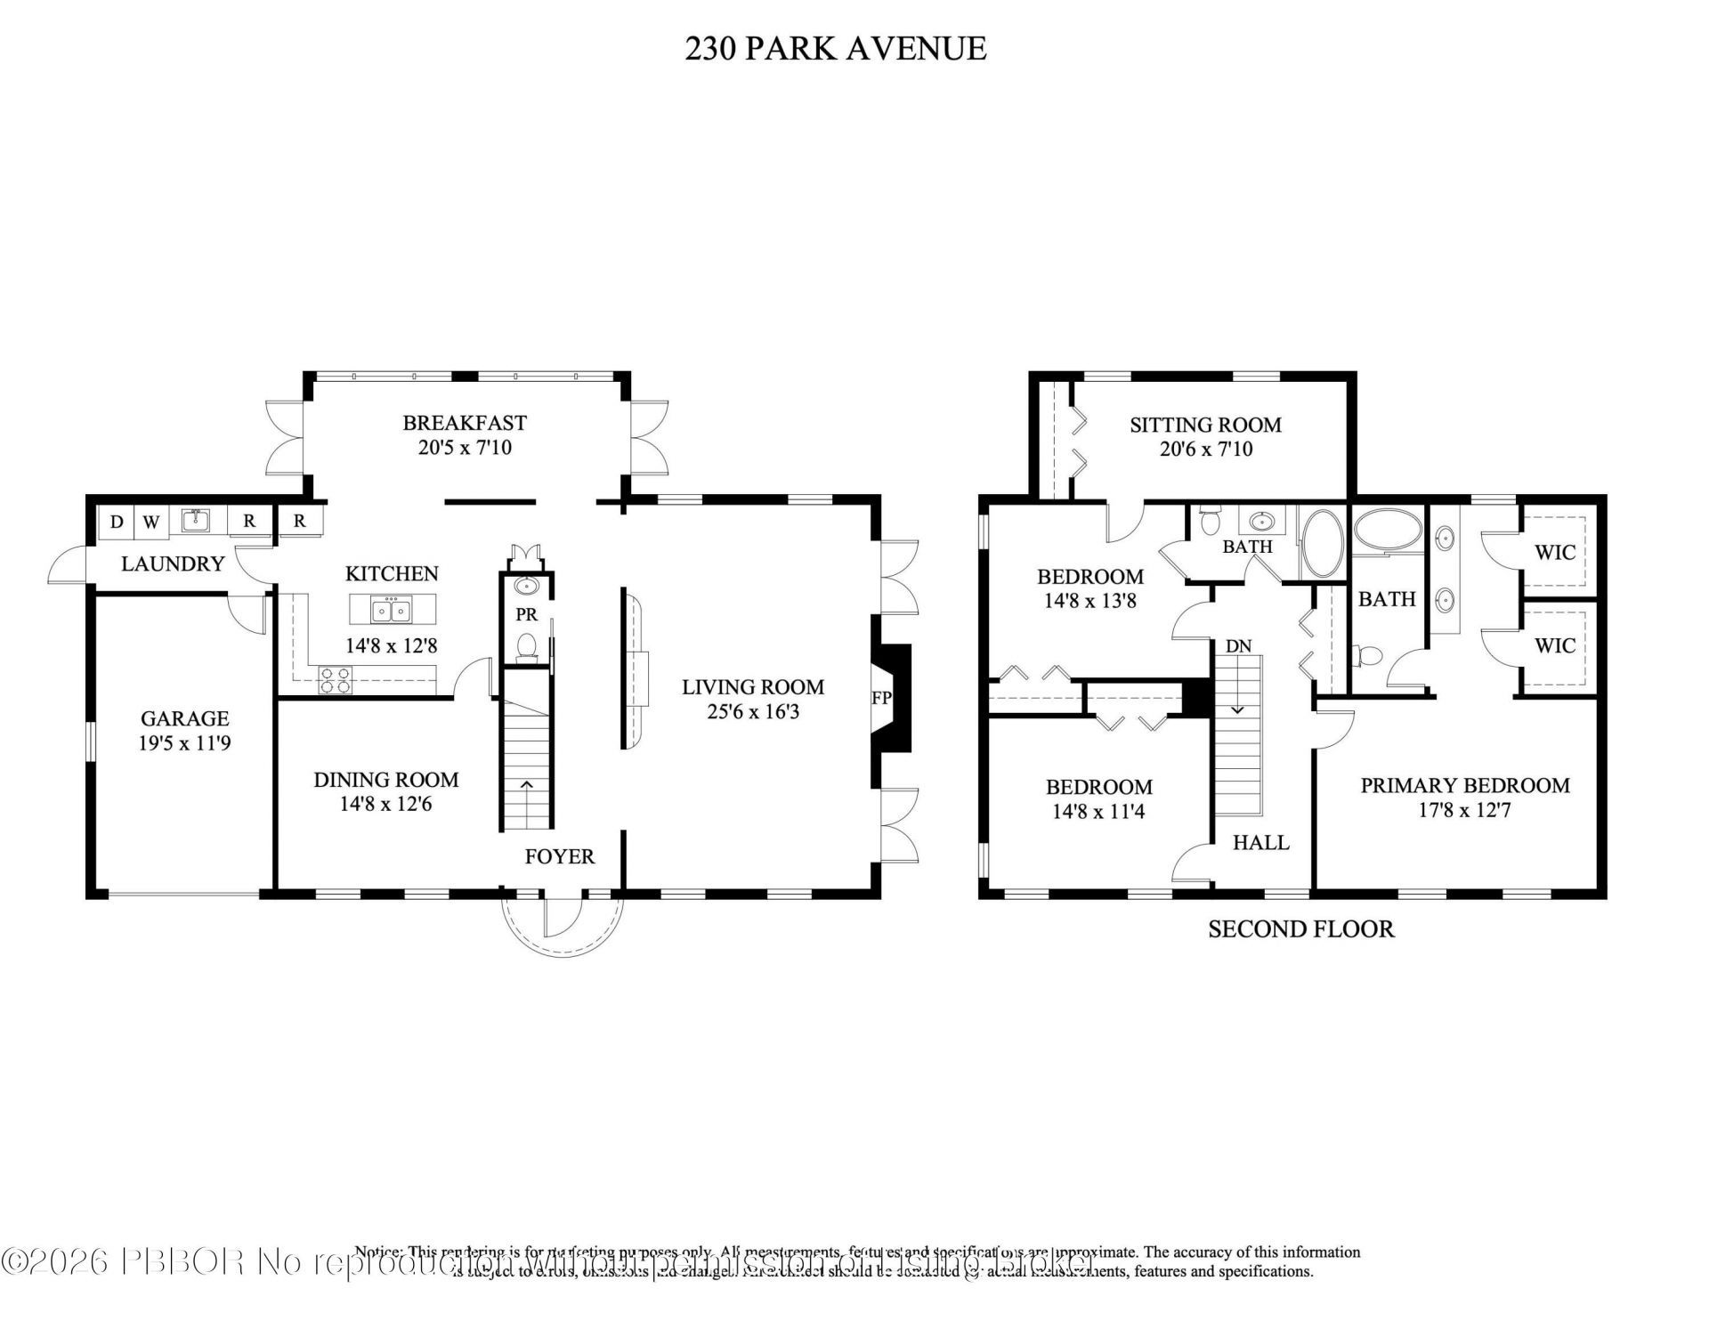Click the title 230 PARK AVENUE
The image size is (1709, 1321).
pyautogui.click(x=835, y=48)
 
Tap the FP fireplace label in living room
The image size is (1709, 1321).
pyautogui.click(x=881, y=698)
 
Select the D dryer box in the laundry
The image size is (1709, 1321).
pyautogui.click(x=117, y=522)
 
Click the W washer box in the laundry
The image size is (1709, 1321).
pyautogui.click(x=151, y=522)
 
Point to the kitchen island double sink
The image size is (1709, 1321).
pyautogui.click(x=393, y=611)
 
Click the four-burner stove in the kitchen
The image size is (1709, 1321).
pyautogui.click(x=336, y=680)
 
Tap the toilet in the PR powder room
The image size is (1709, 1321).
pyautogui.click(x=527, y=644)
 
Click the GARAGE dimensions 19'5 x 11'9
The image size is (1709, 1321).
pyautogui.click(x=184, y=743)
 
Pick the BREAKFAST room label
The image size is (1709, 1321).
pyautogui.click(x=465, y=423)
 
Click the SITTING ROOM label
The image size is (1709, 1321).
pyautogui.click(x=1205, y=425)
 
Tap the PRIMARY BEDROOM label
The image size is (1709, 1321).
pyautogui.click(x=1464, y=785)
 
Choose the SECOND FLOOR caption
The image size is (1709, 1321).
pyautogui.click(x=1300, y=929)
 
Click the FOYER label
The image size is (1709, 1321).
pyautogui.click(x=559, y=856)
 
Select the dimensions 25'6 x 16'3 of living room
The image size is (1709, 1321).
pyautogui.click(x=753, y=712)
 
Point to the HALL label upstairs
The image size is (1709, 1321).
pyautogui.click(x=1260, y=842)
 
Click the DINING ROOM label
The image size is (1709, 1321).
pyautogui.click(x=385, y=780)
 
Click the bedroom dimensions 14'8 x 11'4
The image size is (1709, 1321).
pyautogui.click(x=1098, y=812)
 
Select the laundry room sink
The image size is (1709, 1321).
pyautogui.click(x=196, y=520)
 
